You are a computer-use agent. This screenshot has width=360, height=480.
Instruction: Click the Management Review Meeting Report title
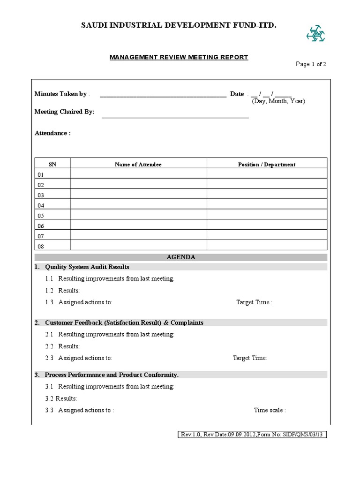tap(179, 57)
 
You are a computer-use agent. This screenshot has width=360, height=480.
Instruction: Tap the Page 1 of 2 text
tap(311, 65)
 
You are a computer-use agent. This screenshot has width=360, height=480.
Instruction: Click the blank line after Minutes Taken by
tap(163, 95)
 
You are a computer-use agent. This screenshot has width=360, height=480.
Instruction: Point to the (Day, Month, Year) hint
tap(278, 101)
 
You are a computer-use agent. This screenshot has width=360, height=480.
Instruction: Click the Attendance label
tap(52, 133)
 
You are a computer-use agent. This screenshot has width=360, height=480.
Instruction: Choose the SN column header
tap(52, 165)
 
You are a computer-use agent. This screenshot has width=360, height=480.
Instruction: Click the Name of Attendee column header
tap(138, 165)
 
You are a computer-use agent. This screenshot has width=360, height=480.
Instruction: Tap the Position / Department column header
tap(267, 165)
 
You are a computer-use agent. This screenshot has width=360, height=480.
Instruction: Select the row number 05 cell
tap(52, 216)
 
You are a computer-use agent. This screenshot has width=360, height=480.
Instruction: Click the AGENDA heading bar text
tap(181, 257)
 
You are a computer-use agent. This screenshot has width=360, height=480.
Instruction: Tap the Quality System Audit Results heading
tap(87, 267)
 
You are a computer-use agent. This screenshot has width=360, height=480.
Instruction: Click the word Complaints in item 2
tap(187, 323)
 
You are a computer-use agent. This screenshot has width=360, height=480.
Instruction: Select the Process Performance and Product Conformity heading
tap(112, 375)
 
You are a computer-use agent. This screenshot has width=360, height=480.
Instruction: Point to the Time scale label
tap(270, 410)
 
